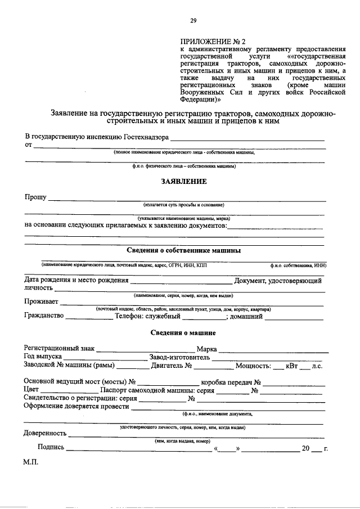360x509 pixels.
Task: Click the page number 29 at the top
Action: pos(192,21)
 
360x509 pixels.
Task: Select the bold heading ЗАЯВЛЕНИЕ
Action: pos(183,181)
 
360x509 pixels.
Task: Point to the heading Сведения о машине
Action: pos(183,333)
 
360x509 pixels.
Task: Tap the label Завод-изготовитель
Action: pos(180,357)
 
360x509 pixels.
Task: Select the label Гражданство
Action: pos(43,316)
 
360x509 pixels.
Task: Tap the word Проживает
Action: pos(40,301)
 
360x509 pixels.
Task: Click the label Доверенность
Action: pos(45,433)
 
